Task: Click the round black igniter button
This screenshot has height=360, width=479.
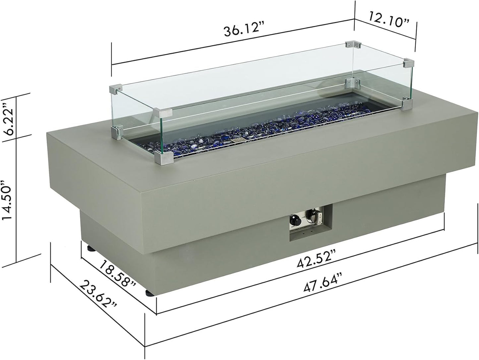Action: point(294,220)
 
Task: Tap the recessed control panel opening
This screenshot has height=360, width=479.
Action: point(310,222)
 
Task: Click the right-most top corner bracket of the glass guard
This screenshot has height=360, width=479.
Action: point(409,63)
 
